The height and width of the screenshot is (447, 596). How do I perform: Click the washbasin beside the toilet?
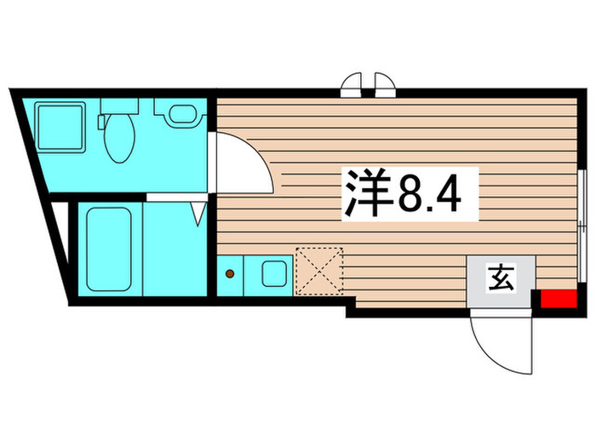(x=181, y=115)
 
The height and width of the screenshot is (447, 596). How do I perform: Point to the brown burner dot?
(x=229, y=274)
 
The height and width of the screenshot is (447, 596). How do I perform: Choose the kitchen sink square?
(x=274, y=274)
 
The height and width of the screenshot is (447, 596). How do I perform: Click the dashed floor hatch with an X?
(x=319, y=272)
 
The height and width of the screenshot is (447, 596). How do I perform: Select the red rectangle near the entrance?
(x=548, y=300)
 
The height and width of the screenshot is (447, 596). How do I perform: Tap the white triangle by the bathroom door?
(x=199, y=214)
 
